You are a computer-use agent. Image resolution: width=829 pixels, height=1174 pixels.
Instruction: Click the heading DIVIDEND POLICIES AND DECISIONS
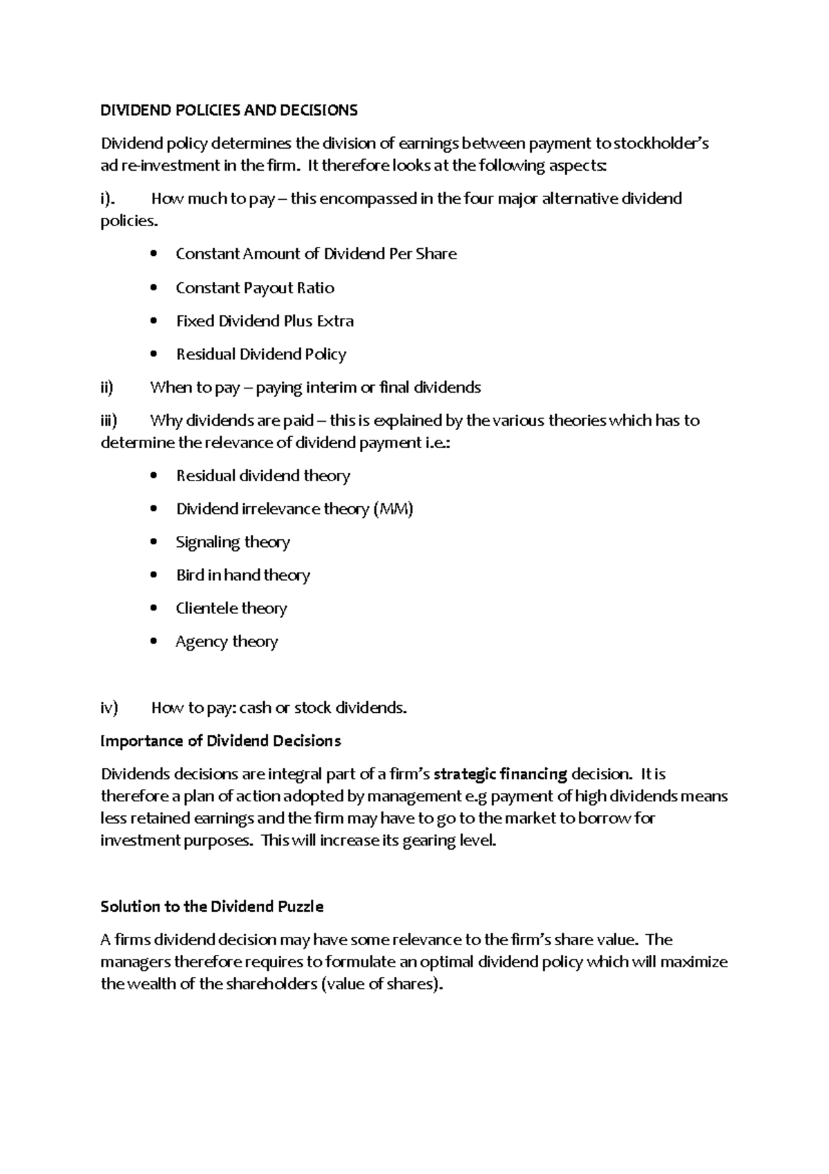(x=229, y=110)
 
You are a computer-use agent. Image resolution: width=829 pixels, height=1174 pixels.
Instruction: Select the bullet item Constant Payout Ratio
(x=255, y=288)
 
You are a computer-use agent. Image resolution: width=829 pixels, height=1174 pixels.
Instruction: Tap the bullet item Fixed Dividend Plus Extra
(x=265, y=321)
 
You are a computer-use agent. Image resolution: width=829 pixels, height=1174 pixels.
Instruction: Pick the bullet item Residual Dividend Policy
(x=261, y=354)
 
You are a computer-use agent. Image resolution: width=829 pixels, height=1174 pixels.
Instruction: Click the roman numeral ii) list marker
(x=106, y=387)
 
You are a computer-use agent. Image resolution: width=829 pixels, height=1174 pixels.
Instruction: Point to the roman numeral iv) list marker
(x=109, y=708)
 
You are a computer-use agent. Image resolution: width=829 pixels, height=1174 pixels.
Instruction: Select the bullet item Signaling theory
(x=233, y=542)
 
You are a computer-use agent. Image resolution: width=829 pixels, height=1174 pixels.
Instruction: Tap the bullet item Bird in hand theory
(x=243, y=575)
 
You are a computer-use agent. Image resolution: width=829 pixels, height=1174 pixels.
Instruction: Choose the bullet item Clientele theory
(x=231, y=608)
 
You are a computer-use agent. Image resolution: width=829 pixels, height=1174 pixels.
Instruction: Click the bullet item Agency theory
(x=227, y=642)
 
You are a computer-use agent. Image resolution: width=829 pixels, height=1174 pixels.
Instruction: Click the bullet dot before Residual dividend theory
(x=153, y=476)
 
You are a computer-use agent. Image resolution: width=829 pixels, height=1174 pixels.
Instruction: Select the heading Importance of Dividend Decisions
(x=221, y=741)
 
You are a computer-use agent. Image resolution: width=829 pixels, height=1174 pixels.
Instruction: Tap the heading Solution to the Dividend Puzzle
(x=212, y=906)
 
